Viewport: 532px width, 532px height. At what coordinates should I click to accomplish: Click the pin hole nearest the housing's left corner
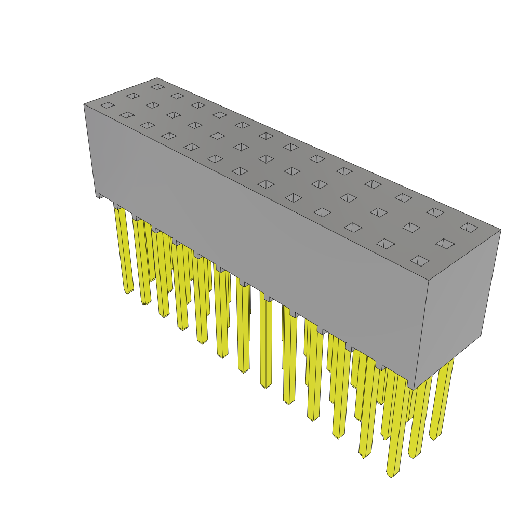(108, 105)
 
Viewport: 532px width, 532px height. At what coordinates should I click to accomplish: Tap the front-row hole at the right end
(420, 260)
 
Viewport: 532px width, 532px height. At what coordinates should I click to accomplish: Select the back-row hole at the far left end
(157, 87)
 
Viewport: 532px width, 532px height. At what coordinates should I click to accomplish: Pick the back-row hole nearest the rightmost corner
(469, 228)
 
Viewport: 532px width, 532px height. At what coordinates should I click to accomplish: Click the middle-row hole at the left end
(132, 96)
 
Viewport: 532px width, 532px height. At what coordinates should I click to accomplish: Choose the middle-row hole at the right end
(445, 244)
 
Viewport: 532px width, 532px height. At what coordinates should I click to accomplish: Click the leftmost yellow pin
(123, 249)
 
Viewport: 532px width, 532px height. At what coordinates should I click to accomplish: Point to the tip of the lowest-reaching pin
(391, 474)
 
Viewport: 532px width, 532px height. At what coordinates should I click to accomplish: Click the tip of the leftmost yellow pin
(128, 291)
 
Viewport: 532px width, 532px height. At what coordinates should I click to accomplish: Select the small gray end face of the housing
(457, 307)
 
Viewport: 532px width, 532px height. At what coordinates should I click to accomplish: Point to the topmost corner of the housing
(157, 78)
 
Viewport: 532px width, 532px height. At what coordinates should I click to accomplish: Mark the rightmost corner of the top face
(501, 230)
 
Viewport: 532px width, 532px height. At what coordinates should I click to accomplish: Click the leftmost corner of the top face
(84, 104)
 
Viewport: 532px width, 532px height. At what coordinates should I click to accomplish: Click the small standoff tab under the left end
(100, 195)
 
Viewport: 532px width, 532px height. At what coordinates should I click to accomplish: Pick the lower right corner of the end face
(481, 335)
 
